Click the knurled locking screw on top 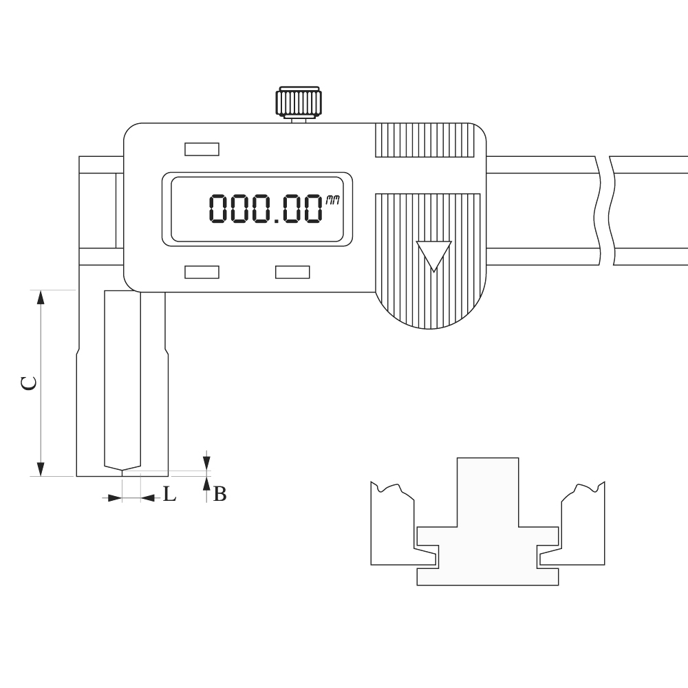coord(298,103)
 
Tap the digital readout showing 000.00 coord(265,209)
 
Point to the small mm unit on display coord(332,201)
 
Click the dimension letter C coord(29,383)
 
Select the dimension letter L coord(170,495)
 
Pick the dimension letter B coord(220,495)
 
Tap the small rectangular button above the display coord(202,149)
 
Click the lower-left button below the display coord(202,272)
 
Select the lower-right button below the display coord(292,272)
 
